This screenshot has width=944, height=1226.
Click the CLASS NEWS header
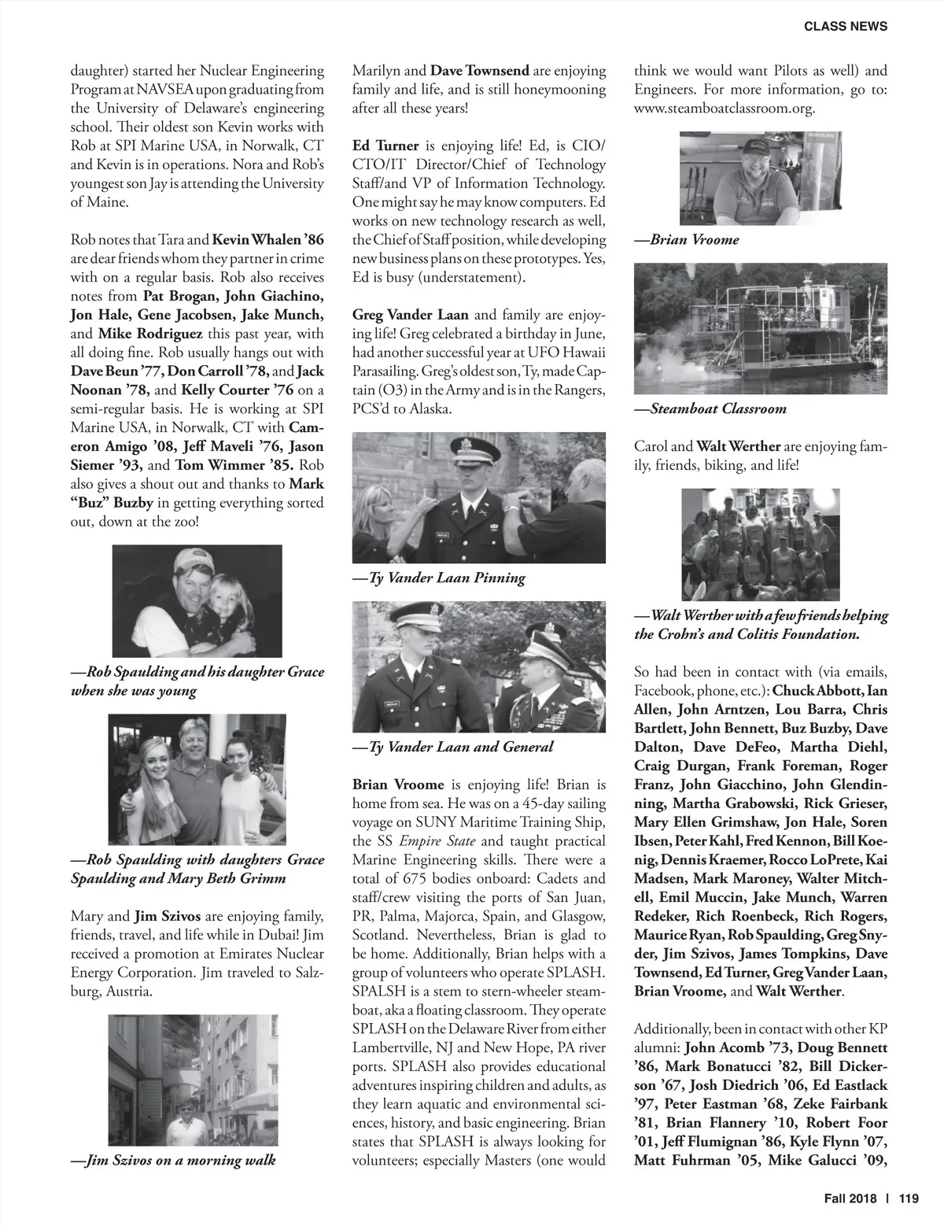point(846,26)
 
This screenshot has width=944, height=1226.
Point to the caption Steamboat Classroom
point(718,408)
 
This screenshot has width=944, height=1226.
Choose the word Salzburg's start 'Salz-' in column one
point(304,973)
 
